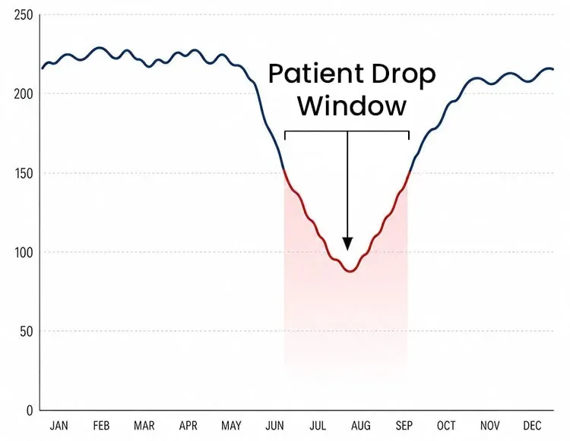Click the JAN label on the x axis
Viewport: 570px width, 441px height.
pyautogui.click(x=59, y=425)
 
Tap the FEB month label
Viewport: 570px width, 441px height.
pyautogui.click(x=101, y=425)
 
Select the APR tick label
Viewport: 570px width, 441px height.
pyautogui.click(x=188, y=425)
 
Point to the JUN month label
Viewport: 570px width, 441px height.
pyautogui.click(x=274, y=425)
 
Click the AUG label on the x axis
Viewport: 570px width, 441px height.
pyautogui.click(x=360, y=425)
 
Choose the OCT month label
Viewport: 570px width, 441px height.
pyautogui.click(x=446, y=425)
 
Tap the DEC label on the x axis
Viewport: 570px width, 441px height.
pyautogui.click(x=532, y=425)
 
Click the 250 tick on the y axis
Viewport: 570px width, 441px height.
pyautogui.click(x=24, y=15)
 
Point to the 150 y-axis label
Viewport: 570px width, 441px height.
pyautogui.click(x=24, y=174)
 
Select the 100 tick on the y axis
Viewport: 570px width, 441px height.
pyautogui.click(x=24, y=253)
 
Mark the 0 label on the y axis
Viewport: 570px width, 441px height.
pyautogui.click(x=30, y=411)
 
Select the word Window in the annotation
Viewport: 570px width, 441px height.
pyautogui.click(x=352, y=106)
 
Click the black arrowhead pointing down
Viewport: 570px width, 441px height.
pyautogui.click(x=347, y=244)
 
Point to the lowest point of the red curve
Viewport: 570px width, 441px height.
pyautogui.click(x=350, y=271)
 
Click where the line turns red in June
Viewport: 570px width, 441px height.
pyautogui.click(x=283, y=170)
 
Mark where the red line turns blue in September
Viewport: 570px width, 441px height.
pyautogui.click(x=410, y=172)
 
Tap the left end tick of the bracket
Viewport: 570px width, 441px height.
pyautogui.click(x=285, y=135)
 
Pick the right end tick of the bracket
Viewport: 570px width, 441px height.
pyautogui.click(x=409, y=135)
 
